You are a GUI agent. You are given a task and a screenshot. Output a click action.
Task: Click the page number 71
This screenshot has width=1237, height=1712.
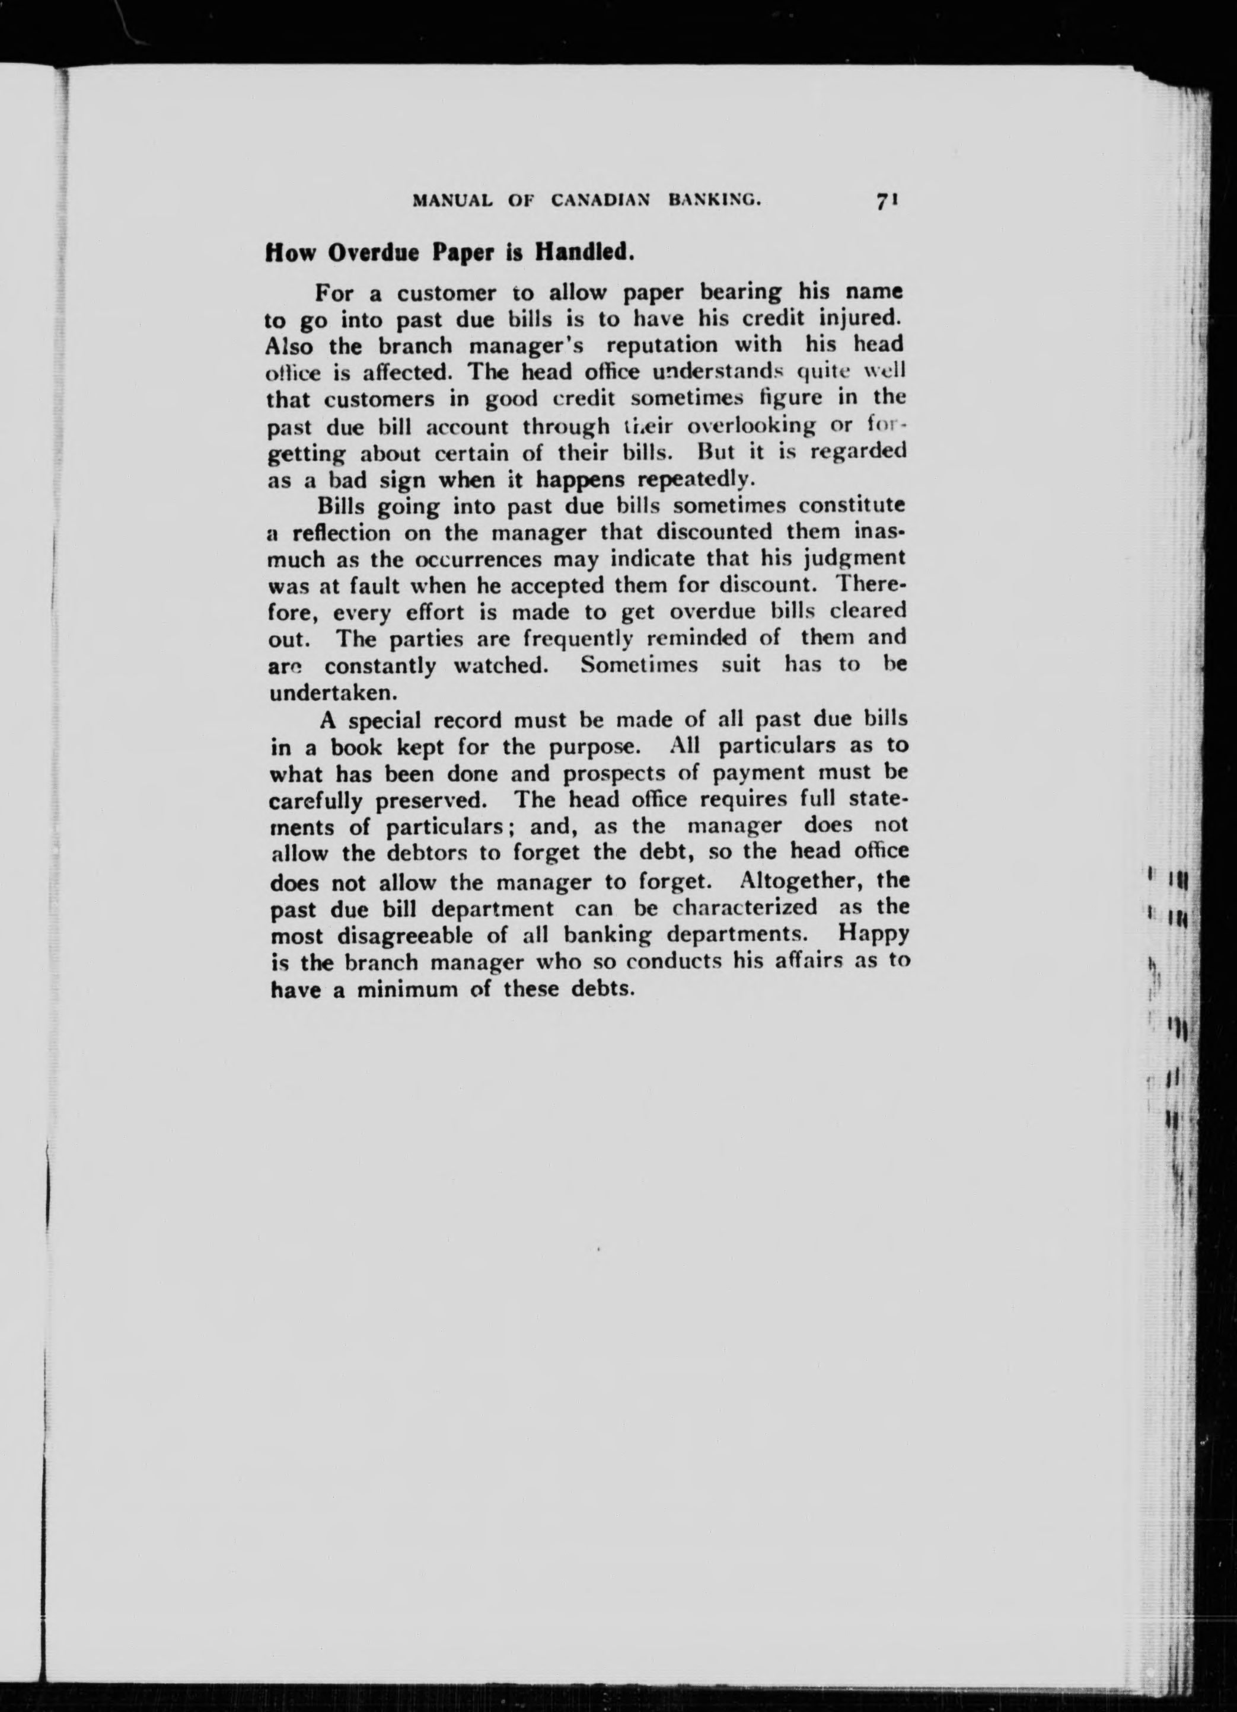pyautogui.click(x=886, y=201)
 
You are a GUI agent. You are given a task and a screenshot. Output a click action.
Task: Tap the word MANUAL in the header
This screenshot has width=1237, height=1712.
pyautogui.click(x=452, y=201)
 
